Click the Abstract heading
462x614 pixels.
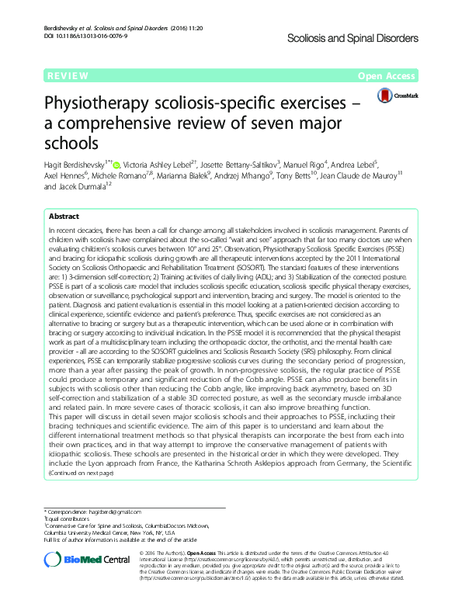64,217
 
